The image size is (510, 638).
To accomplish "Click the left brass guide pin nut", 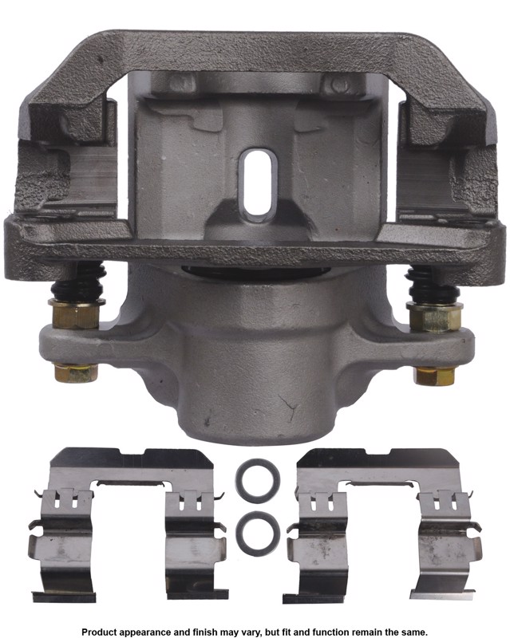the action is [x=76, y=313].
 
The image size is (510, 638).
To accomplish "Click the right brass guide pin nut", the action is [x=434, y=317].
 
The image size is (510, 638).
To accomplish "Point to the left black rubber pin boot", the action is [x=78, y=282].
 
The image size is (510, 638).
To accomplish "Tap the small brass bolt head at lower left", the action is [x=76, y=372].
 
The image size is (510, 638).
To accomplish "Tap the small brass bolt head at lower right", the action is [x=434, y=375].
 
